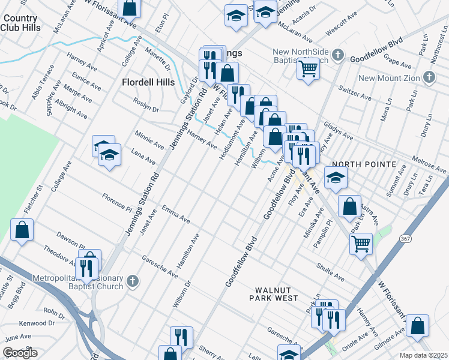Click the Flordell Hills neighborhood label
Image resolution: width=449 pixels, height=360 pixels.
148,82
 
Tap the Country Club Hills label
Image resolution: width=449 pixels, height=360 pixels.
20,23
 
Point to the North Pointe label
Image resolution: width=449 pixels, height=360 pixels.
364,164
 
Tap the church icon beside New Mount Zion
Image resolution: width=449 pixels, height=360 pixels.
429,77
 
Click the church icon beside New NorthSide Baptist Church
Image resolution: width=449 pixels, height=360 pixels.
338,56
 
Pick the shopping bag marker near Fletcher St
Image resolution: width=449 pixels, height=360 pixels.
22,230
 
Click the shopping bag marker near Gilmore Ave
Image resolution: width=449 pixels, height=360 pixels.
417,325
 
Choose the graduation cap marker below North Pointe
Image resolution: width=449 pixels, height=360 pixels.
336,176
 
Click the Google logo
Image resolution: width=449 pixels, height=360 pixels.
20,353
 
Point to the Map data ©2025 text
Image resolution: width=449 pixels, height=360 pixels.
424,355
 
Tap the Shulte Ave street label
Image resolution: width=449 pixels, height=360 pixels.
330,273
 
